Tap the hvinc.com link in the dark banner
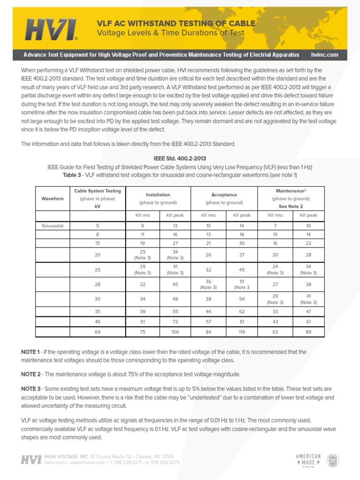[x=324, y=55]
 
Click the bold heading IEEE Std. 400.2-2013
[x=180, y=158]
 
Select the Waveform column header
[x=52, y=199]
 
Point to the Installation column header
[x=158, y=195]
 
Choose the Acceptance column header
[x=224, y=195]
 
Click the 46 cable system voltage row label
[x=97, y=322]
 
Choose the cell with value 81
[x=241, y=322]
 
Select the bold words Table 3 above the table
[x=75, y=175]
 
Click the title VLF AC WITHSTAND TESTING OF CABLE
[x=176, y=23]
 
